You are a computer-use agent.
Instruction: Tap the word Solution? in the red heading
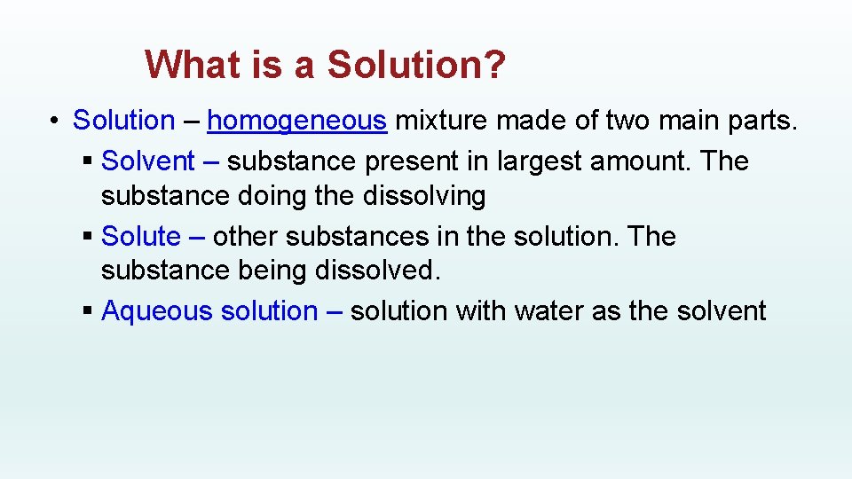(x=417, y=64)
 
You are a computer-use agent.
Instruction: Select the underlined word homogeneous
(x=297, y=120)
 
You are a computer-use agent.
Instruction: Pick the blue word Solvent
(x=148, y=161)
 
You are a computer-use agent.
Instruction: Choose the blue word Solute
(x=141, y=237)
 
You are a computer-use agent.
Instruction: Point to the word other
(x=244, y=237)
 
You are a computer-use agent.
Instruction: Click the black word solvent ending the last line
(x=722, y=311)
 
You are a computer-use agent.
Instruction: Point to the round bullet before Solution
(x=55, y=121)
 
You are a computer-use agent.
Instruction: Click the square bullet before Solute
(x=86, y=238)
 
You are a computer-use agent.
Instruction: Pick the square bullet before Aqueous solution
(x=86, y=312)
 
